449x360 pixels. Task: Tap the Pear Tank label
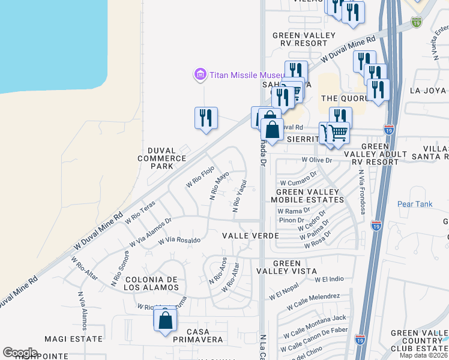point(414,204)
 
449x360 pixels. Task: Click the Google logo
point(20,353)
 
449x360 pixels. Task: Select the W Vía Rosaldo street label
point(179,240)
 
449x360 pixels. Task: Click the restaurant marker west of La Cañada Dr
point(206,118)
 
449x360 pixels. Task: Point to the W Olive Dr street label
point(316,160)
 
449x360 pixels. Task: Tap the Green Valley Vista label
point(294,267)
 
